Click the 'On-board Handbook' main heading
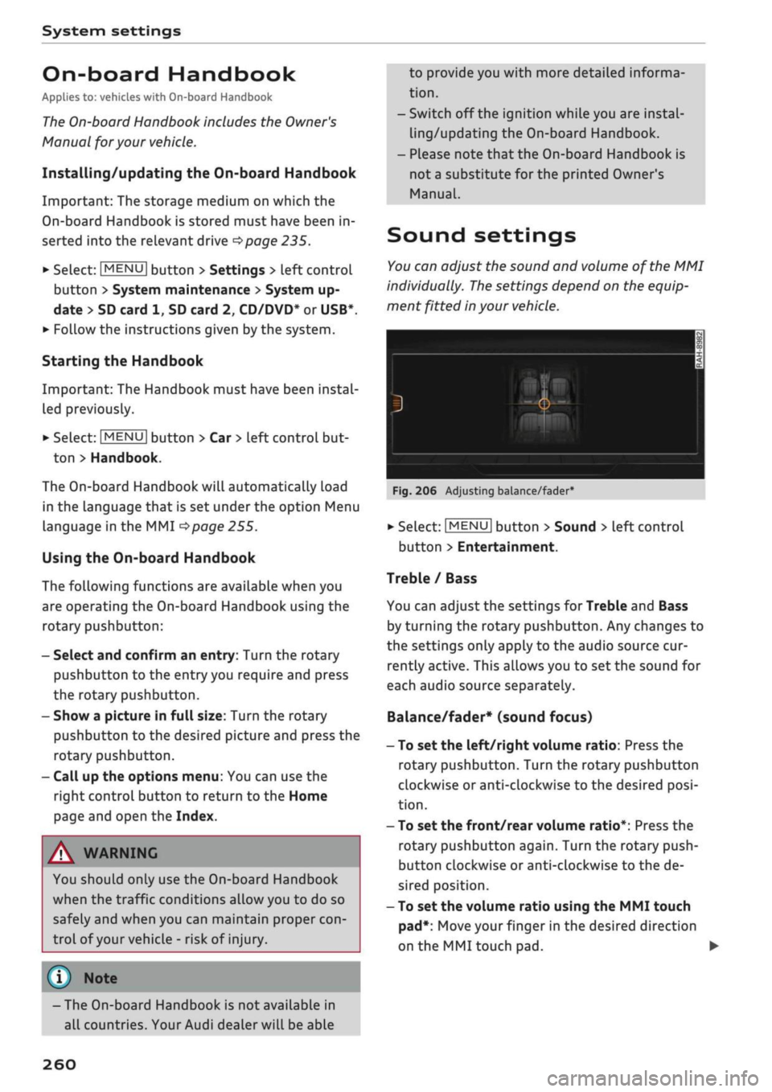click(x=169, y=75)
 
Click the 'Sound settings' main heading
click(x=481, y=236)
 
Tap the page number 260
click(x=60, y=1064)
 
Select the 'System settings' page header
click(x=111, y=31)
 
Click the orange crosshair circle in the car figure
click(x=544, y=404)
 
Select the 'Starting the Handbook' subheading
click(x=122, y=361)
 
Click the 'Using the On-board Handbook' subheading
click(x=148, y=558)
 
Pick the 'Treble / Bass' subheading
click(x=431, y=578)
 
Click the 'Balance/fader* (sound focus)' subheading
click(x=489, y=716)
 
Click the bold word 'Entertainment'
click(x=506, y=547)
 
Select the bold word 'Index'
click(x=195, y=816)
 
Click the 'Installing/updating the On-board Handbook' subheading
click(x=199, y=173)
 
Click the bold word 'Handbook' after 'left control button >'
click(x=125, y=458)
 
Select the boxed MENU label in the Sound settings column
click(x=467, y=527)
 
